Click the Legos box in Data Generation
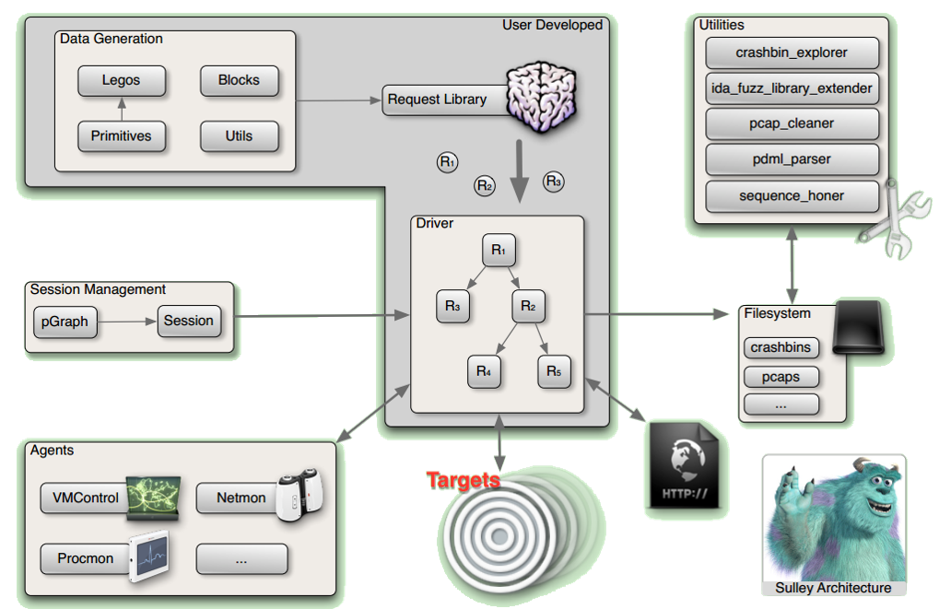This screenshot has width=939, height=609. coord(122,80)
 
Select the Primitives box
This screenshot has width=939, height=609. coord(121,136)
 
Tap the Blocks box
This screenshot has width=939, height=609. coord(239,80)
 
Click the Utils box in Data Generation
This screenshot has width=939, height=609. coord(239,136)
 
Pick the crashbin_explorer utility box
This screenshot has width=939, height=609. coord(792,53)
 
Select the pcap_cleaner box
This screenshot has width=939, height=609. coord(792,123)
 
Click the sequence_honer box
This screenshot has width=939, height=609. coord(792,195)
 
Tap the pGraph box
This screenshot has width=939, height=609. coord(65,322)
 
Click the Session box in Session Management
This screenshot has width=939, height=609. coord(189,321)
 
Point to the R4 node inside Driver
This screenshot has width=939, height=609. coord(485,371)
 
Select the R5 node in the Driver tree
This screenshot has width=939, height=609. coord(555,371)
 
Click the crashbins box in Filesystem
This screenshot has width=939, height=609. coord(781,348)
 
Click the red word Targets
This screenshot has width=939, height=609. coord(463,480)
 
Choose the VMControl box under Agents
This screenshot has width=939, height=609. coord(86,498)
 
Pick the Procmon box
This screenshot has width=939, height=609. coord(85,558)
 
